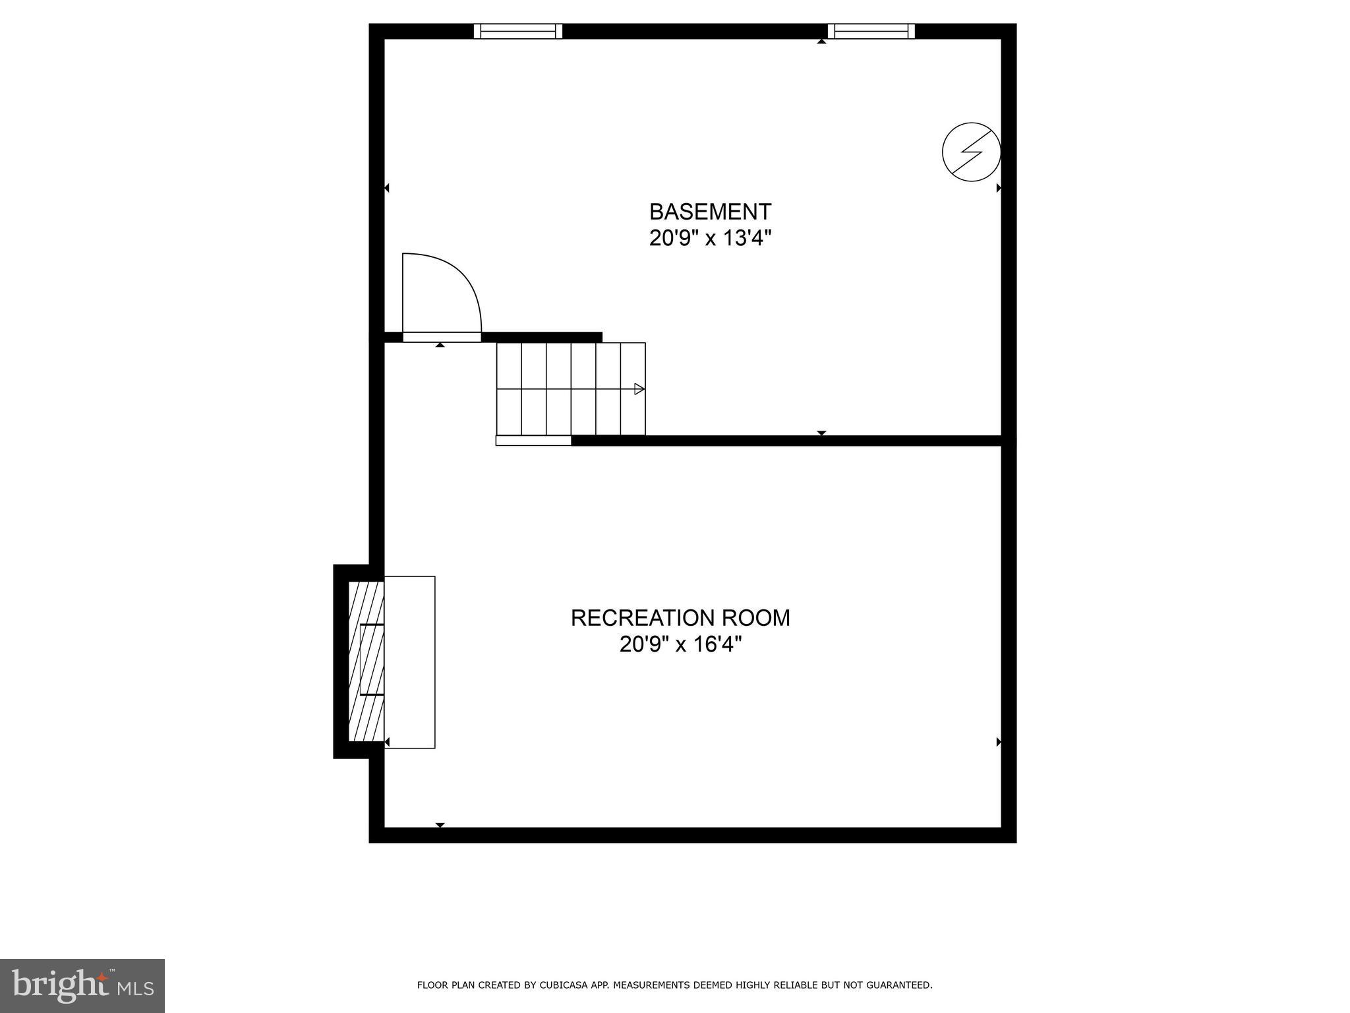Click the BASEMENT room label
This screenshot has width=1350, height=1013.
tap(710, 212)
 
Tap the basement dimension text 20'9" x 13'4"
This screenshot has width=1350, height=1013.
tap(710, 237)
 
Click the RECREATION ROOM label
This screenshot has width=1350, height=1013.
tap(680, 618)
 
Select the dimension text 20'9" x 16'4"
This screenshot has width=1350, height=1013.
tap(680, 644)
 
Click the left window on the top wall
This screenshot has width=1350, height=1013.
tap(518, 31)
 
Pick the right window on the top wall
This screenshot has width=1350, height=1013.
tap(871, 31)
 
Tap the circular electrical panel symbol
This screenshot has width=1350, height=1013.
tap(971, 152)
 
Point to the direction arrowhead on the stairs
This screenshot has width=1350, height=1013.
tap(639, 389)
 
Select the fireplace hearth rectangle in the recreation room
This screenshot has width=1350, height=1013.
tap(409, 661)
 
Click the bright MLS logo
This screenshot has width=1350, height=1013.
tap(82, 986)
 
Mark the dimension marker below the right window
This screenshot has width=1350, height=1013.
tap(821, 42)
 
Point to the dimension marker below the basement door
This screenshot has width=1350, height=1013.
tap(440, 345)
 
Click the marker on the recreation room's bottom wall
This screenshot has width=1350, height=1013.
tap(440, 825)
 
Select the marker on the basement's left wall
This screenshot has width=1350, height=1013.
tap(387, 188)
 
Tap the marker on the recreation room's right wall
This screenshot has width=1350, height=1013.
tap(999, 742)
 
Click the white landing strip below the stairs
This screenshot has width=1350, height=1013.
tap(533, 441)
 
